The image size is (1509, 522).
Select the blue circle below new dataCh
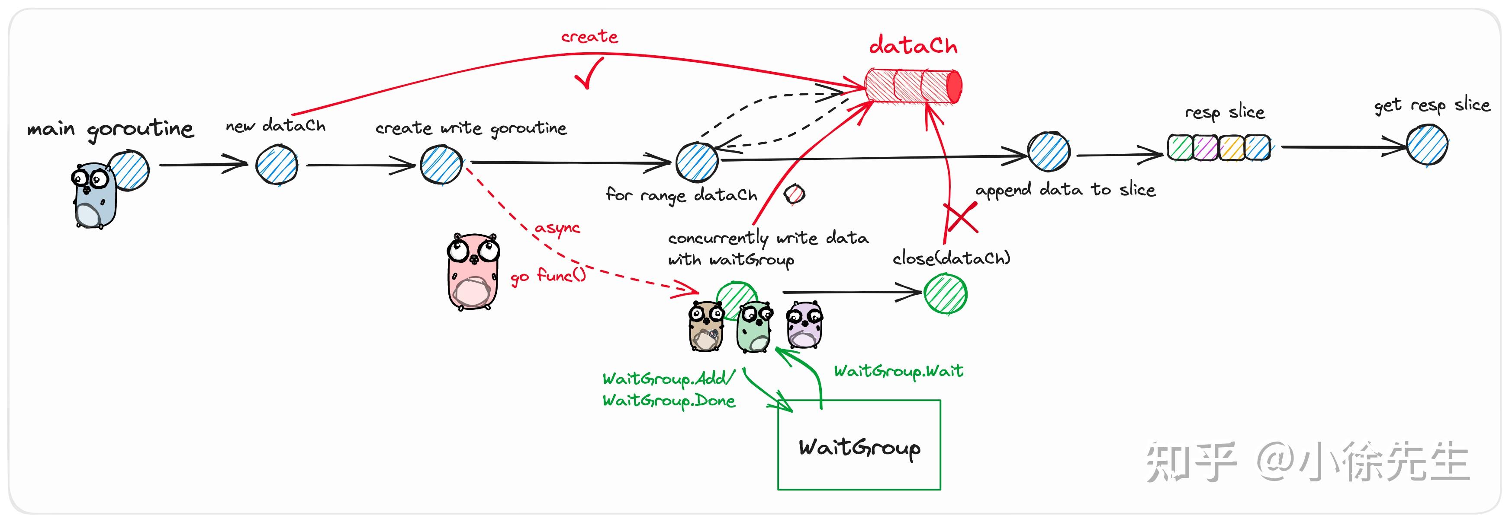point(277,165)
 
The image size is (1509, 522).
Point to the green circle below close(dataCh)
point(945,294)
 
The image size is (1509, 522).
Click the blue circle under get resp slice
point(1426,145)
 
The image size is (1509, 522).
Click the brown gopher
point(705,327)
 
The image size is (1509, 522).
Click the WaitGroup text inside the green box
point(859,448)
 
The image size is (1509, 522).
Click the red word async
point(557,228)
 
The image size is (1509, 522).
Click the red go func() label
point(548,276)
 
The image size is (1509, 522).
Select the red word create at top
point(589,37)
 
